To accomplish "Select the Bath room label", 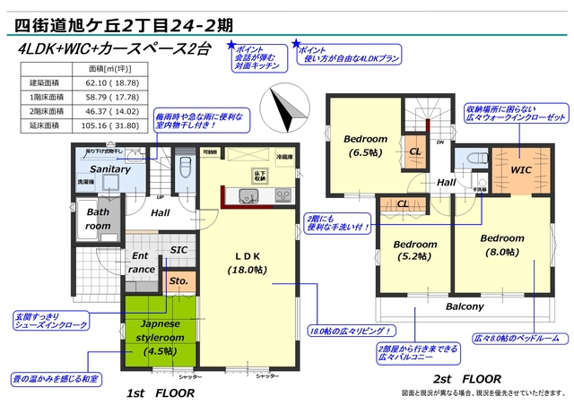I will click(x=98, y=220).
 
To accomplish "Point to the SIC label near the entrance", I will click(x=178, y=251).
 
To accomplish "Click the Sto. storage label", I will click(x=178, y=280).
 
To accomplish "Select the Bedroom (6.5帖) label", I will click(x=365, y=145).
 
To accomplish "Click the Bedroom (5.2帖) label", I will click(x=413, y=251).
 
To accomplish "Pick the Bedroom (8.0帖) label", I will click(x=501, y=246).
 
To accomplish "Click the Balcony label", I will click(x=465, y=306).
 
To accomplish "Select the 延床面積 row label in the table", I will click(x=45, y=127).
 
